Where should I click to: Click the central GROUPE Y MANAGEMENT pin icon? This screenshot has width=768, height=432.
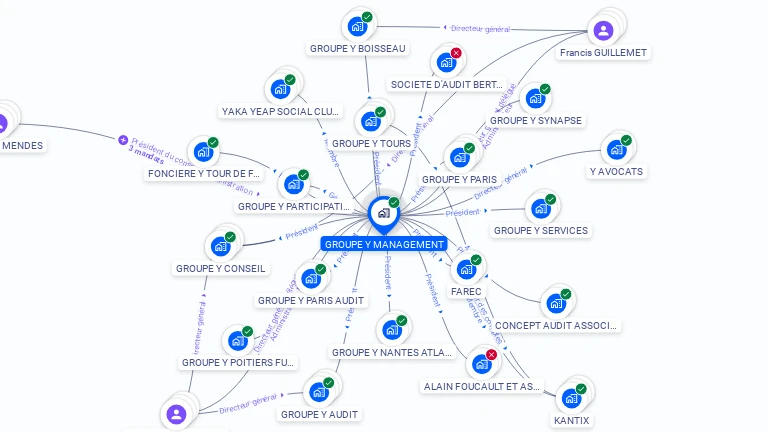(x=383, y=213)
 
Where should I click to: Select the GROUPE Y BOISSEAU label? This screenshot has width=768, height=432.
(x=358, y=48)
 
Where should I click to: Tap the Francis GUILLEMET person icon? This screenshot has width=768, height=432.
(x=603, y=30)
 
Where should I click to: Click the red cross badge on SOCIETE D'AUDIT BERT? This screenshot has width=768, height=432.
(x=456, y=53)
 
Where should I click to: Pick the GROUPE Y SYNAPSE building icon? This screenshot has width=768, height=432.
(x=535, y=99)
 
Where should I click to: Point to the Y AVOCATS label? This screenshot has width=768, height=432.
(x=616, y=171)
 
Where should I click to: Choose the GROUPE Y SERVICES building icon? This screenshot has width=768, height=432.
(x=540, y=209)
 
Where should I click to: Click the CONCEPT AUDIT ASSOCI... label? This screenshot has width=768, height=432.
(x=557, y=325)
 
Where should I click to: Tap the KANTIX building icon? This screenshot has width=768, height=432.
(x=571, y=398)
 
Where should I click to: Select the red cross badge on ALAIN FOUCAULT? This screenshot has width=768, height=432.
(x=491, y=354)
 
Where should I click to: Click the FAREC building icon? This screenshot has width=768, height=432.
(x=465, y=269)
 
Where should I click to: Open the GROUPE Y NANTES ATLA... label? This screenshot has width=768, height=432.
(x=392, y=352)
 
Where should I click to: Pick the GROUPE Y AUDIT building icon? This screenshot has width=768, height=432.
(x=320, y=391)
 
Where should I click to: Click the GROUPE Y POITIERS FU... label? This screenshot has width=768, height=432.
(x=237, y=362)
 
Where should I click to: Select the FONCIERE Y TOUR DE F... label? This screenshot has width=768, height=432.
(x=211, y=173)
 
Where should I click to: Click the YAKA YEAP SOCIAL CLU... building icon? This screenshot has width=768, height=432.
(x=280, y=89)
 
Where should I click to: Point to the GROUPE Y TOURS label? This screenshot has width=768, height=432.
(x=370, y=144)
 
